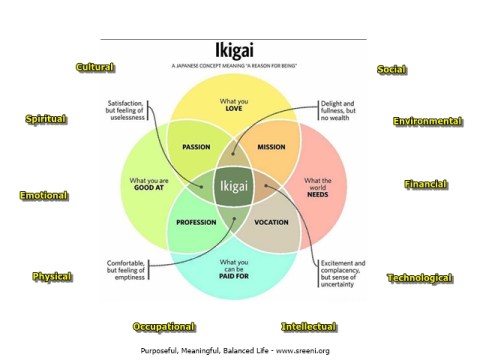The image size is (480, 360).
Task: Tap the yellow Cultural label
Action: pyautogui.click(x=96, y=67)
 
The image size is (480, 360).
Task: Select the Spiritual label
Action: pyautogui.click(x=46, y=119)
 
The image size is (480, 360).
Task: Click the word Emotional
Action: pyautogui.click(x=44, y=195)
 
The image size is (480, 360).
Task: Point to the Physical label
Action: pyautogui.click(x=52, y=276)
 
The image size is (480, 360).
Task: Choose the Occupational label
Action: pyautogui.click(x=164, y=327)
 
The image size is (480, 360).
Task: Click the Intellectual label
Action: pyautogui.click(x=309, y=327)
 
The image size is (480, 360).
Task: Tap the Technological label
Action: pyautogui.click(x=420, y=277)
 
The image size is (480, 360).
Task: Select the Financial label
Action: pyautogui.click(x=426, y=185)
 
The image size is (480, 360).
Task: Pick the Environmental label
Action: pyautogui.click(x=428, y=121)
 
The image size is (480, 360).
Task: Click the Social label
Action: pyautogui.click(x=390, y=69)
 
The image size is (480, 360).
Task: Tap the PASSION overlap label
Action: pyautogui.click(x=196, y=147)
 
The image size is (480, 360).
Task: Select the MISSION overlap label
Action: pyautogui.click(x=271, y=147)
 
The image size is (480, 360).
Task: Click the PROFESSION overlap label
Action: pyautogui.click(x=197, y=222)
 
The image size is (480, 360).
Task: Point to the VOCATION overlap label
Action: pyautogui.click(x=271, y=222)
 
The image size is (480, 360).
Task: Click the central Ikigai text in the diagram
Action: pyautogui.click(x=234, y=185)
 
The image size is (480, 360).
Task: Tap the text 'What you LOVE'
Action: pyautogui.click(x=234, y=106)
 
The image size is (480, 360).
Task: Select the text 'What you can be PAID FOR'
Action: pyautogui.click(x=234, y=267)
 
